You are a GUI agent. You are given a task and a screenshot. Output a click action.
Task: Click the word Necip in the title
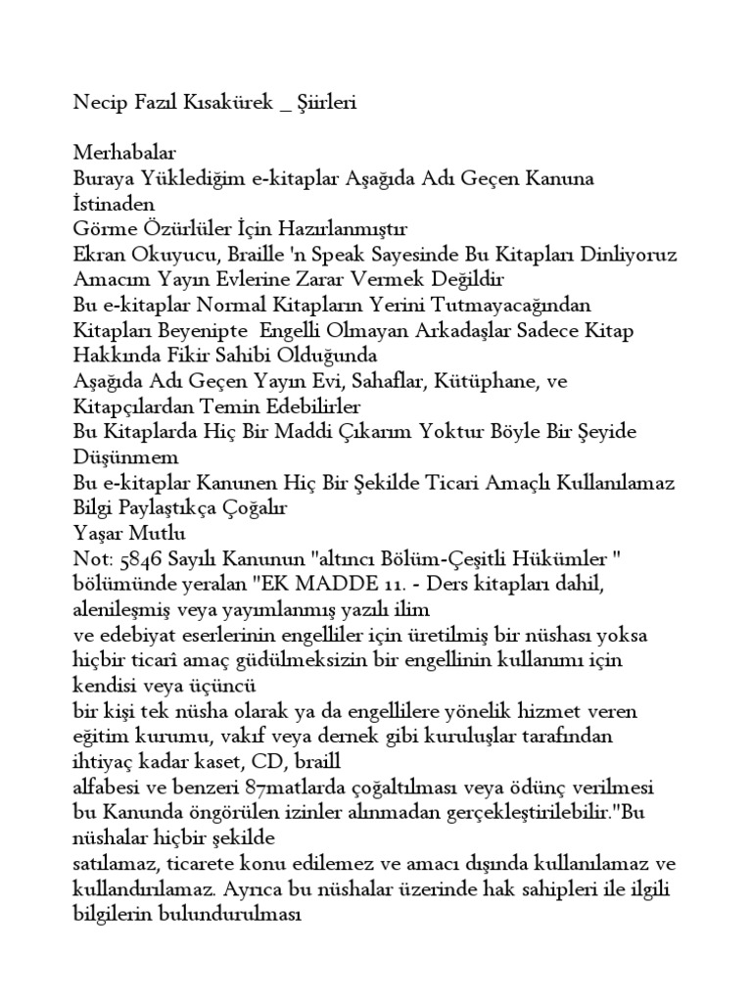(x=98, y=103)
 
